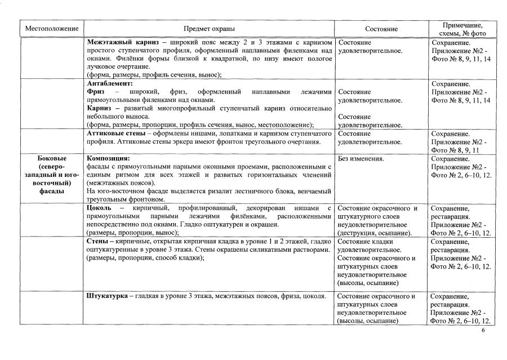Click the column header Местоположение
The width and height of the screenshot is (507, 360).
click(x=52, y=29)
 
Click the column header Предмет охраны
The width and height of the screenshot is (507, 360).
click(x=209, y=29)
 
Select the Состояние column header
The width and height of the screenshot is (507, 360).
click(x=381, y=29)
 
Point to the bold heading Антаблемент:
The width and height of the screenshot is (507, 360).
click(x=109, y=83)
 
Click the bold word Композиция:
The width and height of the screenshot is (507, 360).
click(x=109, y=159)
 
